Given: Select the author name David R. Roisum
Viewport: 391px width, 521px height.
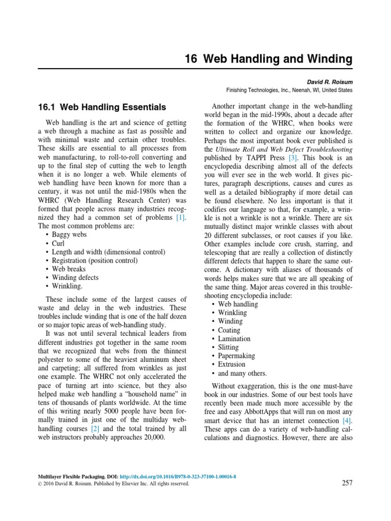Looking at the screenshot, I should [329, 81].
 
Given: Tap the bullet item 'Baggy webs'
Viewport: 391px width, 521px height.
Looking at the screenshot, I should [69, 235].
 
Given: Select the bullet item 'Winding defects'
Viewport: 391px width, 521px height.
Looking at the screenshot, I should [75, 278].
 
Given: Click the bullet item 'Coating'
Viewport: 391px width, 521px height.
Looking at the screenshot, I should [229, 330].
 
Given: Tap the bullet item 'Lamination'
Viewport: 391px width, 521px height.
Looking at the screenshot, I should [234, 338].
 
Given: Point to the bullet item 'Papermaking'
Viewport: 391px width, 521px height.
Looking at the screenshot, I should [237, 356].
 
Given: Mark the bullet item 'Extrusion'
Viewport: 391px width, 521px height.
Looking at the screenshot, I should [232, 364].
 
